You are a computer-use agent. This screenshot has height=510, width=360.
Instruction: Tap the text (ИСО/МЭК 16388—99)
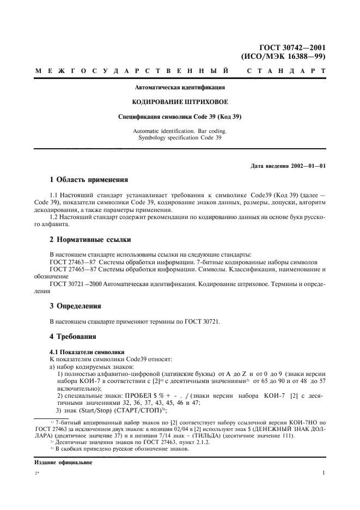point(283,56)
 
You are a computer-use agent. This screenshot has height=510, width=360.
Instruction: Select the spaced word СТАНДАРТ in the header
point(286,71)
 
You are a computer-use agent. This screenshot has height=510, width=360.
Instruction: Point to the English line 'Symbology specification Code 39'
point(180,138)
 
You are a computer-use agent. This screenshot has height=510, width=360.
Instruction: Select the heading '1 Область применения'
point(89,179)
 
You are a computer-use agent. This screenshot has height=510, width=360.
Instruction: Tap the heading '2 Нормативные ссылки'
point(90,240)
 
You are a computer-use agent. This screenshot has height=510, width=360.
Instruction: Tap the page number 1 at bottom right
point(324,473)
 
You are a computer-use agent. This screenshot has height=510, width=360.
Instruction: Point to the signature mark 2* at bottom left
point(38,474)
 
